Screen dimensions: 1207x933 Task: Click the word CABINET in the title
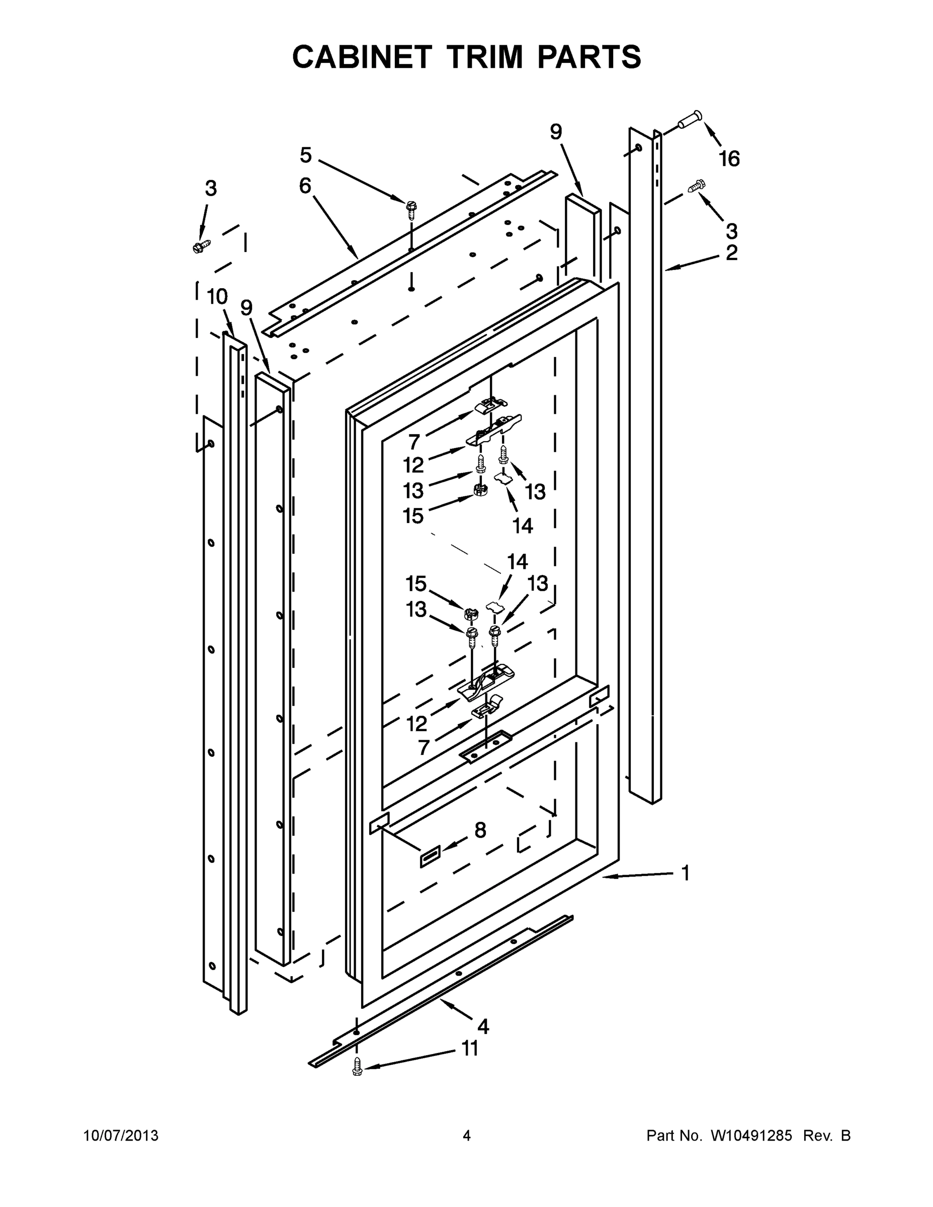[x=362, y=57]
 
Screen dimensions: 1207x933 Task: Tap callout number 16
[x=728, y=159]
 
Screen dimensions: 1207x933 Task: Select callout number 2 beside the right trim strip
[x=731, y=253]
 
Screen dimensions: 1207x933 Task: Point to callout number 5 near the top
[x=306, y=155]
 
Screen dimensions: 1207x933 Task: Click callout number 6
[x=305, y=186]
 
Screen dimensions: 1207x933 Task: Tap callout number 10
[x=217, y=297]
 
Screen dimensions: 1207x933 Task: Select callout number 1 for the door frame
[x=686, y=874]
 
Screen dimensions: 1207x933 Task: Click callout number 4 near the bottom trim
[x=483, y=1027]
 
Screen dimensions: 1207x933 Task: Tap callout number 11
[x=470, y=1049]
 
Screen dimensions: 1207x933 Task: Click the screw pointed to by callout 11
[x=357, y=1066]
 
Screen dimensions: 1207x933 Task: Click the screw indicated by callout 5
[x=411, y=207]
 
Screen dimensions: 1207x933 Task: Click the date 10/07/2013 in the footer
[x=121, y=1136]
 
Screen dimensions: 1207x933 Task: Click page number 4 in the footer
[x=467, y=1136]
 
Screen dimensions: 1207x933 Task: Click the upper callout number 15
[x=413, y=516]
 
